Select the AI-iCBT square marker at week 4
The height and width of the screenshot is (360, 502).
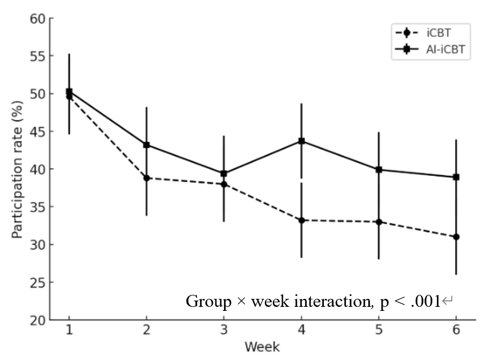pos(302,141)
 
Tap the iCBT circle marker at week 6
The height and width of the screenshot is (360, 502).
pos(456,237)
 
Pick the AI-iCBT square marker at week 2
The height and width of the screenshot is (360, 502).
pos(147,145)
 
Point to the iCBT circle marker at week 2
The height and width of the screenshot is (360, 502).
pos(147,178)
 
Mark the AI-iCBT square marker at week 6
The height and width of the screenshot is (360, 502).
pos(456,177)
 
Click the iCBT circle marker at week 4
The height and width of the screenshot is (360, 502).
pos(302,220)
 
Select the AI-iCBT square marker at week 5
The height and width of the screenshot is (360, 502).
pos(379,170)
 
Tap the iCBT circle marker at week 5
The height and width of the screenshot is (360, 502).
pos(379,222)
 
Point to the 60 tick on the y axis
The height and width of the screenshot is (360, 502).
pos(37,19)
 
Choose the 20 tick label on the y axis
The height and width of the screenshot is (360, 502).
pos(37,320)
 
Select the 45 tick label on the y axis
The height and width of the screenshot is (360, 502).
pos(37,132)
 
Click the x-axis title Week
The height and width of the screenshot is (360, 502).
pos(262,347)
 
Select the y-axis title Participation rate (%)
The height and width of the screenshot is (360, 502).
pos(18,169)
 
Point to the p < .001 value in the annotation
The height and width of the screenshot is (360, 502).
pos(411,301)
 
